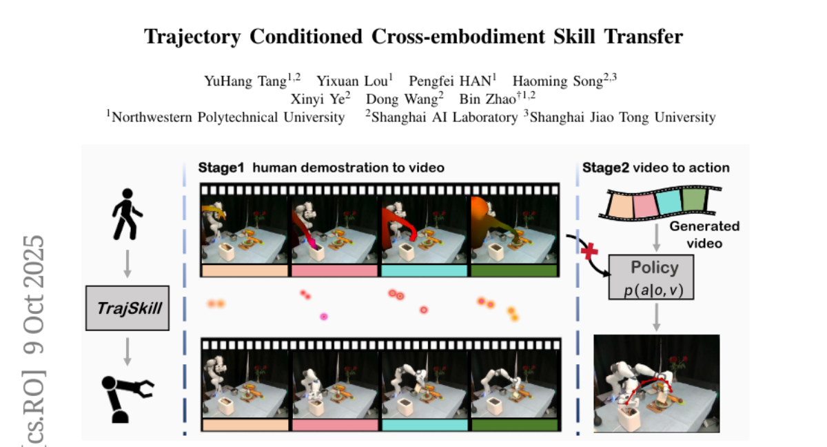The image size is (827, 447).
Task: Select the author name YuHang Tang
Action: [245, 81]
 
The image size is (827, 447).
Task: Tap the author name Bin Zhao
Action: [487, 99]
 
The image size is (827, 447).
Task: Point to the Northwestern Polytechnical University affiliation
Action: [228, 117]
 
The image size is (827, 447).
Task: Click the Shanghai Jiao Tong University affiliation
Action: [622, 117]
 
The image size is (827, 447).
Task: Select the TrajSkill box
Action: [127, 308]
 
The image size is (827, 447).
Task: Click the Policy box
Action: [651, 277]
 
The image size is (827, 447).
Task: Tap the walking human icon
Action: [127, 215]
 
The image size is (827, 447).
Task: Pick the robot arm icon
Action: [127, 399]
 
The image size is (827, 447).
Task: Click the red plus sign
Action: [589, 251]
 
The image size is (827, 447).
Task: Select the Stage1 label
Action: [221, 168]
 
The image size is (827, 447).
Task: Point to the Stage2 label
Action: [606, 168]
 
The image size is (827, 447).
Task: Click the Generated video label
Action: [704, 235]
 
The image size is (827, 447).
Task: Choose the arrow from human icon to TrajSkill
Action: [127, 264]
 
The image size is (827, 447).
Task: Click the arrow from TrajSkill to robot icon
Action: [127, 352]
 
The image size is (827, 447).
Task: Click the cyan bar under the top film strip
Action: [424, 271]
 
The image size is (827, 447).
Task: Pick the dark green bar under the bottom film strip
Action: [515, 425]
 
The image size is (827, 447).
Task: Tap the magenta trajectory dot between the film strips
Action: [324, 317]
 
